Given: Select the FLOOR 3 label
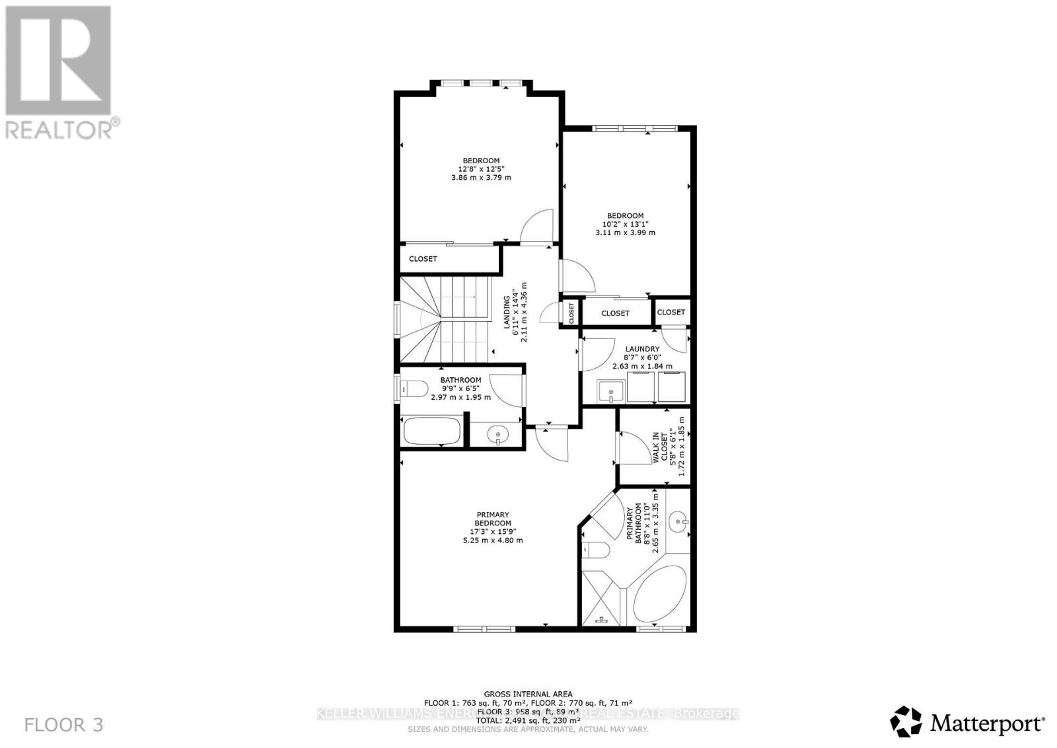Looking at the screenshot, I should (x=64, y=725).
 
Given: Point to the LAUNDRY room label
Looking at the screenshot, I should (x=641, y=349).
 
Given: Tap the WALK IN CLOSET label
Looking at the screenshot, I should (x=660, y=447).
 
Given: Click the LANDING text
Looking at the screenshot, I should (x=507, y=312).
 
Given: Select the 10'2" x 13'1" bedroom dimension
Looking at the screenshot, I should (x=625, y=224).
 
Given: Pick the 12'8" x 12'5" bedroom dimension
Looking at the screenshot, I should (x=480, y=169).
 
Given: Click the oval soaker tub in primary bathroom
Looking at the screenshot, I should (x=661, y=593).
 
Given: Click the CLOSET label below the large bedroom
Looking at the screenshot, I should (x=423, y=259).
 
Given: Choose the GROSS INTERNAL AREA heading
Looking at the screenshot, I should (x=528, y=694).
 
